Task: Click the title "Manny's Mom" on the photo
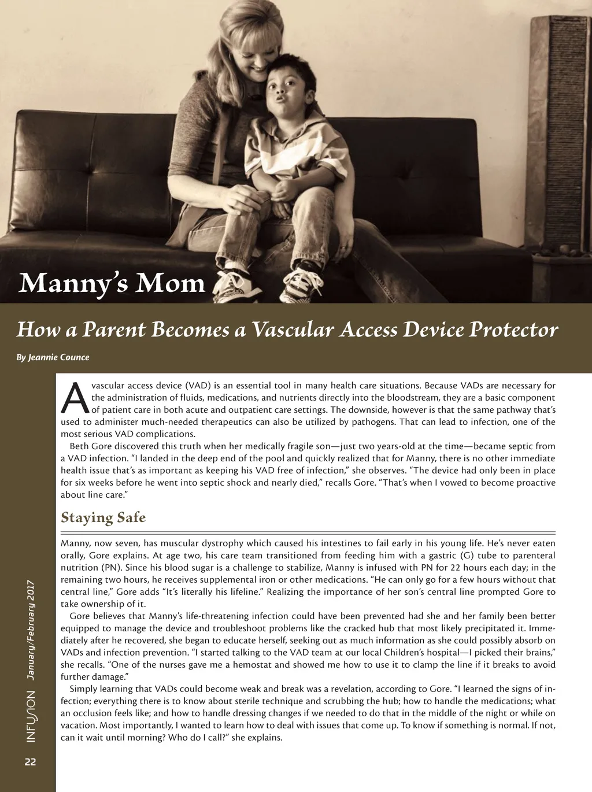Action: point(112,283)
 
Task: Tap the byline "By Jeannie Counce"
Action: point(53,357)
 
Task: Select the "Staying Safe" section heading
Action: point(103,517)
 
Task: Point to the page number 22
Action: point(30,762)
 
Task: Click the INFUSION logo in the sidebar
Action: point(31,716)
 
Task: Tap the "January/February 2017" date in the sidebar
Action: point(31,630)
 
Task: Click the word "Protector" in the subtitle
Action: point(513,330)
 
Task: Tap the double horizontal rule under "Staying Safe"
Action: point(308,532)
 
